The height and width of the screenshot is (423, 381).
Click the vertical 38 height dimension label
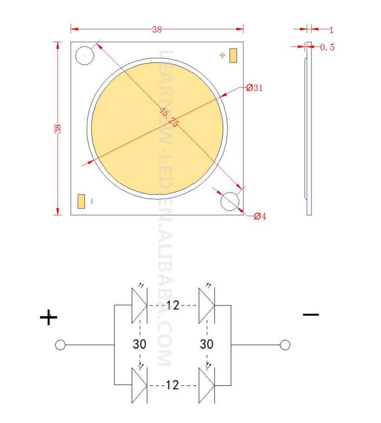click(x=58, y=128)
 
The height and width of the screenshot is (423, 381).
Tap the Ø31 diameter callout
click(x=254, y=88)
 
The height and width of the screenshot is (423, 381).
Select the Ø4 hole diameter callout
click(x=260, y=216)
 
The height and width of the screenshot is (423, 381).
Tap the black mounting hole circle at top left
click(x=84, y=56)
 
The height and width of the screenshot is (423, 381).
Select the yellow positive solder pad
click(x=234, y=56)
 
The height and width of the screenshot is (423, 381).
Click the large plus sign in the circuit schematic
click(x=49, y=317)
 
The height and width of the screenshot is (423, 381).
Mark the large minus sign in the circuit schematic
click(x=310, y=314)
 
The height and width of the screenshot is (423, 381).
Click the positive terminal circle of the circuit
click(x=59, y=345)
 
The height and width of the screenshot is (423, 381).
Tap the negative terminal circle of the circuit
click(x=284, y=345)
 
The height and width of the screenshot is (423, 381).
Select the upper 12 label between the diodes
click(x=173, y=305)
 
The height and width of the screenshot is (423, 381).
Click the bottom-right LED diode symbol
click(x=206, y=385)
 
